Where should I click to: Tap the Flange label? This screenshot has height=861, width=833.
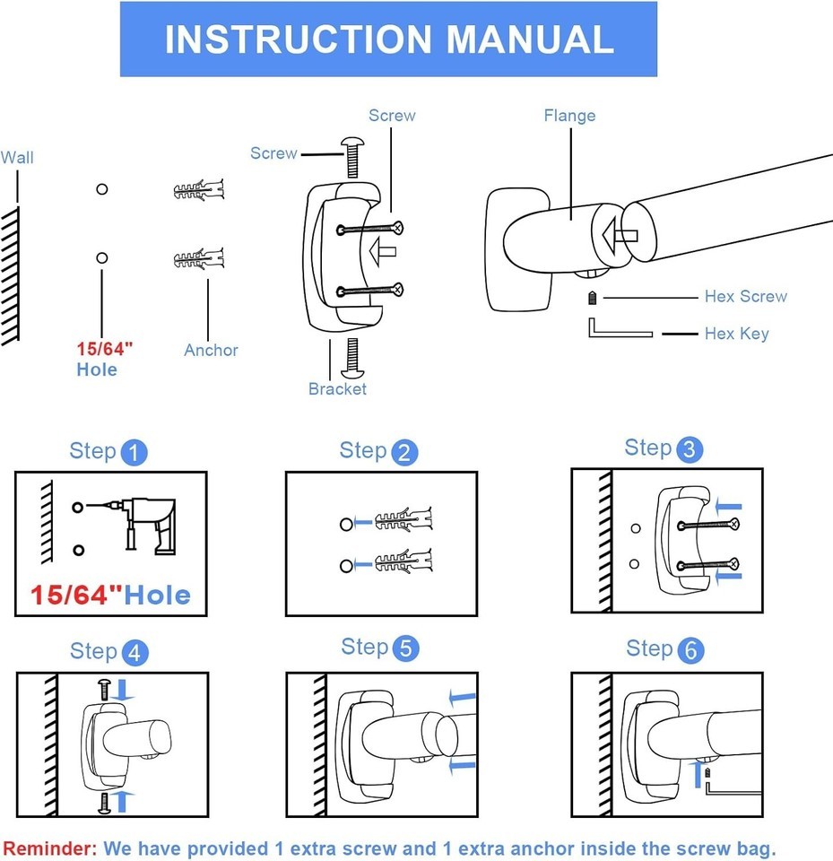click(568, 116)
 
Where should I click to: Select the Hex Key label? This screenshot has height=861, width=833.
click(736, 334)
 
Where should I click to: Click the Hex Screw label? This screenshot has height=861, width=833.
click(745, 297)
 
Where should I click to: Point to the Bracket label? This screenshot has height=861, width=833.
click(337, 389)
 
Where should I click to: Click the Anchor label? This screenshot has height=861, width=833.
click(211, 351)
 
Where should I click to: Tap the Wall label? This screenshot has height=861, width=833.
click(17, 158)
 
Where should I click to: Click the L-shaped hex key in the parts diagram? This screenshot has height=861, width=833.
click(619, 330)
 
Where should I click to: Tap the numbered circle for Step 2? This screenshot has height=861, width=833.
click(404, 453)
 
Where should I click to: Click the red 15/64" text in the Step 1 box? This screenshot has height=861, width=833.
click(75, 595)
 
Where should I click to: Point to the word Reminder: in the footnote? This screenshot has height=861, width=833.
click(49, 848)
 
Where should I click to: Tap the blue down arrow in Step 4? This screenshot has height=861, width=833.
click(125, 690)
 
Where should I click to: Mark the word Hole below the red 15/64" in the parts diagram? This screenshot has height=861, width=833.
click(96, 370)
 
